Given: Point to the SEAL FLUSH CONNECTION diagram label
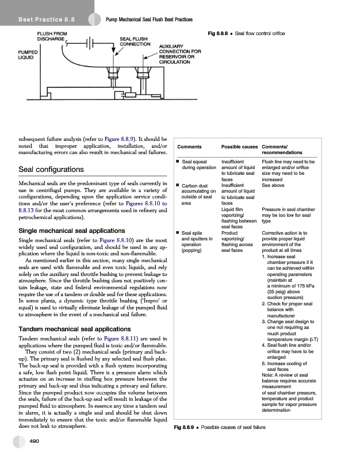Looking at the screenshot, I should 135,41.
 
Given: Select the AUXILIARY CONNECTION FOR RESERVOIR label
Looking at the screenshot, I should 179,53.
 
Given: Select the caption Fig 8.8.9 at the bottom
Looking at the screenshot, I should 219,427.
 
